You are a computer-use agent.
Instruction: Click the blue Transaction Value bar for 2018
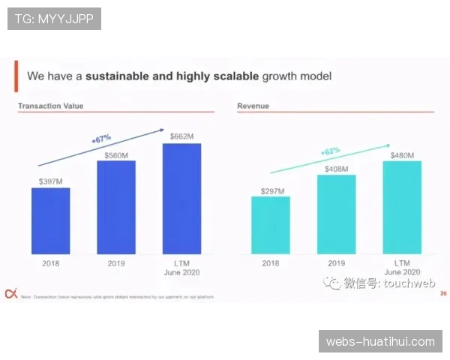tap(50, 220)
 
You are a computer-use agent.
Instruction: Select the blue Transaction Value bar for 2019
tap(116, 207)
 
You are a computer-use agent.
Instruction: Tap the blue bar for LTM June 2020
tap(181, 198)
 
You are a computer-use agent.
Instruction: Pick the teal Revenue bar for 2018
tap(270, 225)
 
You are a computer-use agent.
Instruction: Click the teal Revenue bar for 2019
tap(336, 214)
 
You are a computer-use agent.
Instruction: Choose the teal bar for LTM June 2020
tap(402, 207)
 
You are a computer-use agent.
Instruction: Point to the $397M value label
tap(50, 181)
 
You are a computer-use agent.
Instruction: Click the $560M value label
tap(116, 154)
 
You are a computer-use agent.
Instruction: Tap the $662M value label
tap(181, 136)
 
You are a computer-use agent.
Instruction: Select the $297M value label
tap(272, 191)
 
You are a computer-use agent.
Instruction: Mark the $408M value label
tap(336, 169)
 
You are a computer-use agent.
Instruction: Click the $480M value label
tap(402, 155)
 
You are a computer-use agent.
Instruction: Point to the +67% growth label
tap(100, 139)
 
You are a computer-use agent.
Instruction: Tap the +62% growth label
tap(330, 152)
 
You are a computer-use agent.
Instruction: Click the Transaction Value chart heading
tap(51, 106)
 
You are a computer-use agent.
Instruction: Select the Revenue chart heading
tap(253, 106)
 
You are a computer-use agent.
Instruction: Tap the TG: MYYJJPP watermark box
tap(54, 19)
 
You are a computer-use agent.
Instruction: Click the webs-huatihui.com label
tap(380, 341)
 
